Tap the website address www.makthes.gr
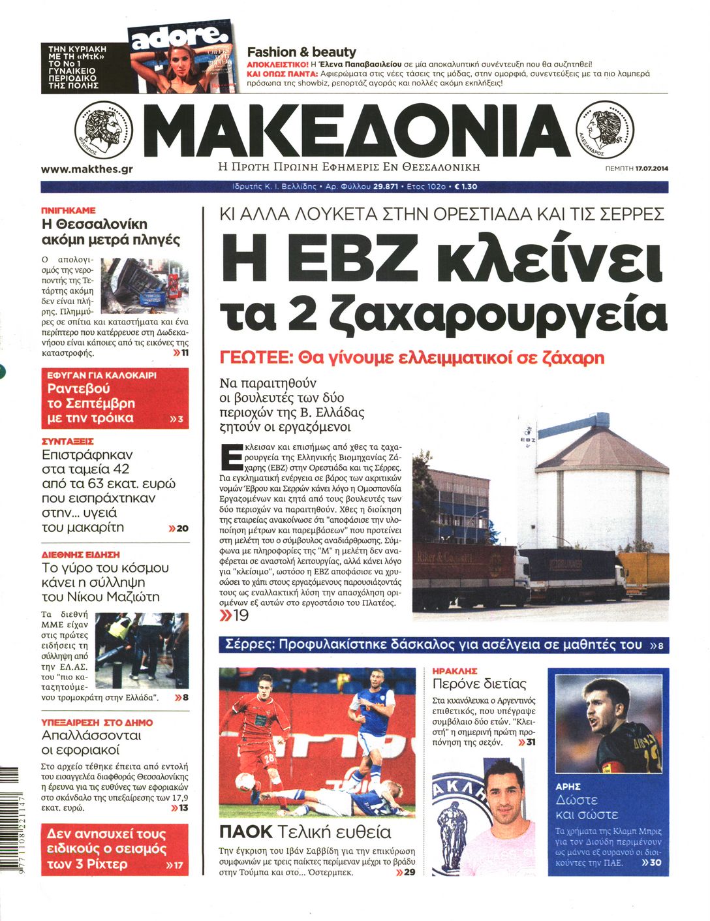87,169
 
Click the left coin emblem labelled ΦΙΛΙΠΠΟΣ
104,130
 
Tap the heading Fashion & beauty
301,52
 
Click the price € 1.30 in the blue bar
465,187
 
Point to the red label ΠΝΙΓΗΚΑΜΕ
69,211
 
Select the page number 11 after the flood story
185,353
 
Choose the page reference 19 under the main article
240,616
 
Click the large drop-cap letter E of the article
231,457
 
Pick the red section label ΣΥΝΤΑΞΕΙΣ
68,441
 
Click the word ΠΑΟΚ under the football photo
245,832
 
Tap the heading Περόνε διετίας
479,684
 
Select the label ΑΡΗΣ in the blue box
568,787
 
